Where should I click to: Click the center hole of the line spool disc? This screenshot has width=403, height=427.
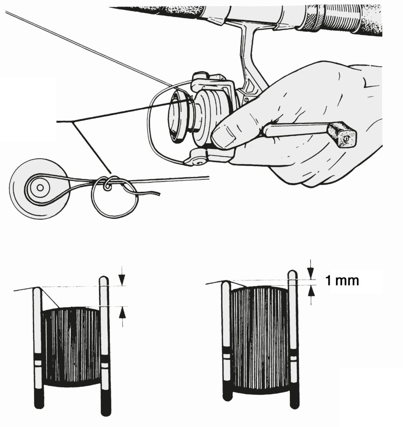[40, 188]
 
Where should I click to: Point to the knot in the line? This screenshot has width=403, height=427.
[109, 183]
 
